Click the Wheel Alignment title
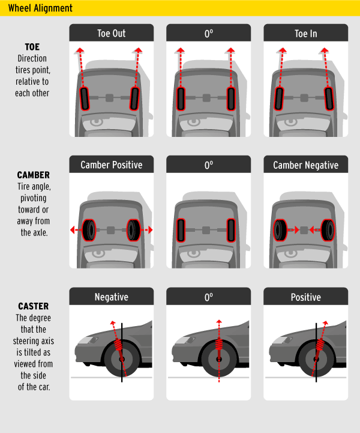[40, 8]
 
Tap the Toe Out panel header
[112, 33]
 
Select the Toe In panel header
[305, 33]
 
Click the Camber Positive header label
[112, 165]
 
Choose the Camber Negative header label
[305, 165]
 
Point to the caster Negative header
[112, 297]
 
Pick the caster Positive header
[305, 297]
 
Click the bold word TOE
[32, 47]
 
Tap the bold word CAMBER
[34, 175]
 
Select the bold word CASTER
[34, 306]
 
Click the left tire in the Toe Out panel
[85, 99]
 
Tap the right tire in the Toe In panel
[329, 99]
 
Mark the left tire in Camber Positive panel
[89, 230]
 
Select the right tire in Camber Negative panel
[328, 230]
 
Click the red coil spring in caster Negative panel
[118, 345]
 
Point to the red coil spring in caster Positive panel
[320, 345]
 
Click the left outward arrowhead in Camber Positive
[73, 230]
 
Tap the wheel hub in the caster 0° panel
[219, 359]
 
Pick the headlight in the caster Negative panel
[88, 340]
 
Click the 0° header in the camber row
[209, 165]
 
